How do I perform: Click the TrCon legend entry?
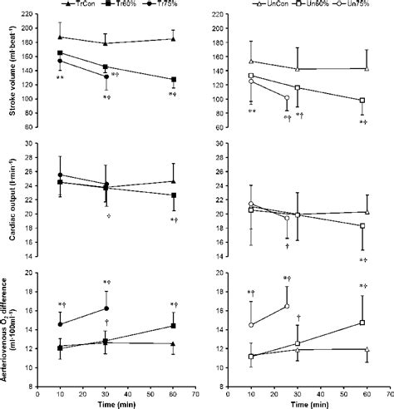pyautogui.click(x=77, y=4)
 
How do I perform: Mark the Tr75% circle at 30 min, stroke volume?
pyautogui.click(x=105, y=76)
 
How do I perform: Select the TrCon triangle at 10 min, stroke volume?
pyautogui.click(x=59, y=37)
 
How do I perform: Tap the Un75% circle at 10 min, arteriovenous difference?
pyautogui.click(x=251, y=324)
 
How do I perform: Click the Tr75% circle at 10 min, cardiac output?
pyautogui.click(x=59, y=175)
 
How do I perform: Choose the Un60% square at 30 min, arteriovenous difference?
pyautogui.click(x=298, y=343)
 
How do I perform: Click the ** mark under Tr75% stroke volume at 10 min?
pyautogui.click(x=61, y=78)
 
